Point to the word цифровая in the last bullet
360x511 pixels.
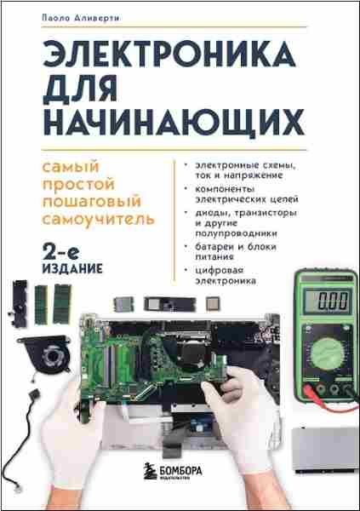(x=220, y=272)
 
